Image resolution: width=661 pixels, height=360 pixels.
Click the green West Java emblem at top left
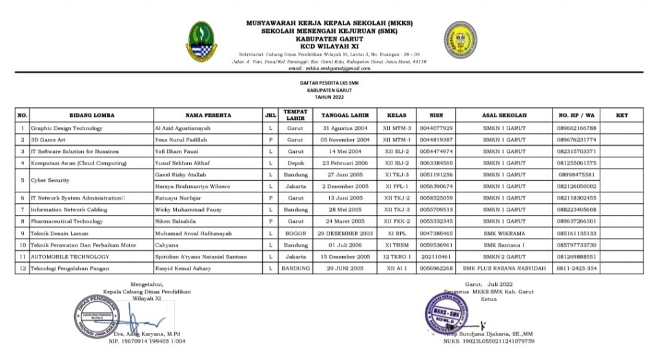(x=202, y=41)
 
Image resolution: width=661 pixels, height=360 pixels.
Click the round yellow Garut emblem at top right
(x=460, y=40)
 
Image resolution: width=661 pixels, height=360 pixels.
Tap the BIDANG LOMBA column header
(x=92, y=115)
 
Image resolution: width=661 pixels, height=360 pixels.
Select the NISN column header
(x=436, y=115)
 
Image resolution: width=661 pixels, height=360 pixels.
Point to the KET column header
(x=622, y=115)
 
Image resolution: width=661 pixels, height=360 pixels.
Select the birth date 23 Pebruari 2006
(x=345, y=163)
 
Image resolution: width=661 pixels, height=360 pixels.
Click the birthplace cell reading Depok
(x=295, y=163)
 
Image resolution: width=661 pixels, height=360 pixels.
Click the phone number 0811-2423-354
(x=577, y=268)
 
